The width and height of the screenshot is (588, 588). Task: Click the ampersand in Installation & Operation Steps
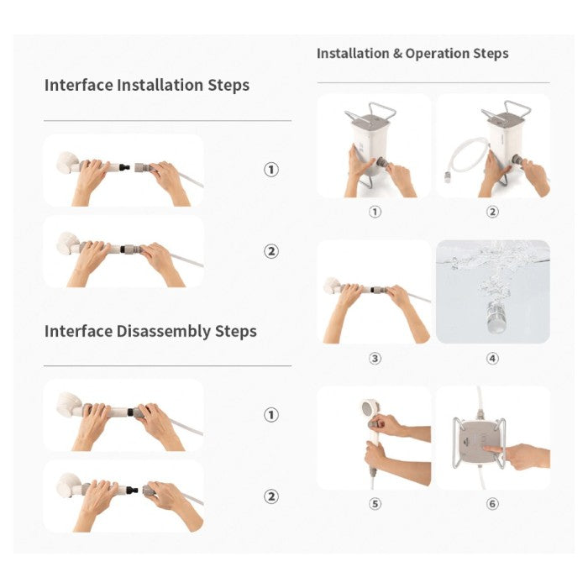point(397,54)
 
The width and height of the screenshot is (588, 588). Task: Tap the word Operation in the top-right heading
point(438,54)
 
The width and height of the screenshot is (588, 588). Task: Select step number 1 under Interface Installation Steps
point(271,170)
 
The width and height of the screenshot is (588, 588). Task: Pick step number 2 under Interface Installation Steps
point(271,251)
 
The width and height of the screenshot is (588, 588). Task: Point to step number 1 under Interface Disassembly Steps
point(271,415)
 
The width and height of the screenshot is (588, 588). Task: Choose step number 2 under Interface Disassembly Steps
point(271,496)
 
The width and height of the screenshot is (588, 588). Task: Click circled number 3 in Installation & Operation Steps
point(375,359)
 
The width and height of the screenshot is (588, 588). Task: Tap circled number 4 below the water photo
point(492,359)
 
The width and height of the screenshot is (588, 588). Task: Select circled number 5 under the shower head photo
point(375,504)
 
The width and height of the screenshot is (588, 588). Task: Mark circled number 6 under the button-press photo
point(492,504)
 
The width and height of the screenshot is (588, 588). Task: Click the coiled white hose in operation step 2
point(465,159)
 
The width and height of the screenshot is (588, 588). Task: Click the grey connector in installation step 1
point(143,167)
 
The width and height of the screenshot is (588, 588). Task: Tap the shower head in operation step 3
point(333,286)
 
